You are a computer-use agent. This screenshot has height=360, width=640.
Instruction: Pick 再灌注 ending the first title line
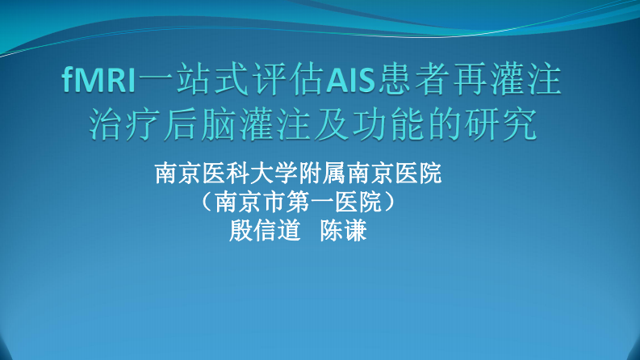click(514, 82)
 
